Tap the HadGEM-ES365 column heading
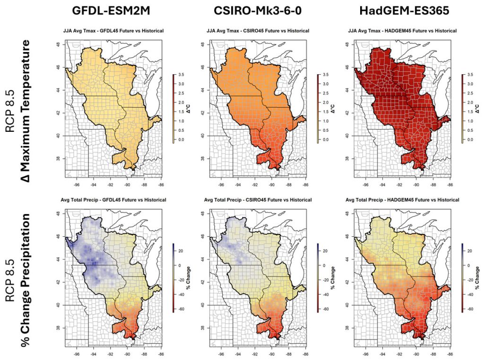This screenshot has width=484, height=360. [x=402, y=11]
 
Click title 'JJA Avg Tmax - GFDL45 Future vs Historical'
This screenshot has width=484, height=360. [x=113, y=31]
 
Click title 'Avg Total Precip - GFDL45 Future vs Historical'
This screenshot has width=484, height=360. [x=113, y=200]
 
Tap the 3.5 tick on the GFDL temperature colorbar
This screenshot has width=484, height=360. [x=181, y=75]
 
